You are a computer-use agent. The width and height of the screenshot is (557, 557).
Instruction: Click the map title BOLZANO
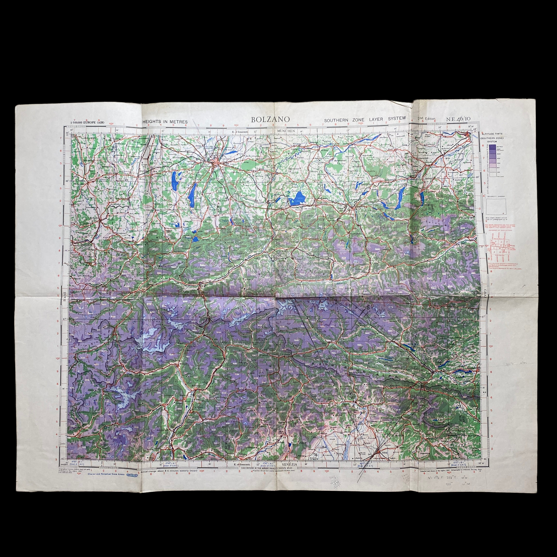270,119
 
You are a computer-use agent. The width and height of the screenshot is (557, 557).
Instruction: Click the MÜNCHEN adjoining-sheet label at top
286,131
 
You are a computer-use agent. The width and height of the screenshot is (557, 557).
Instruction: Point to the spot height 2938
356,262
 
